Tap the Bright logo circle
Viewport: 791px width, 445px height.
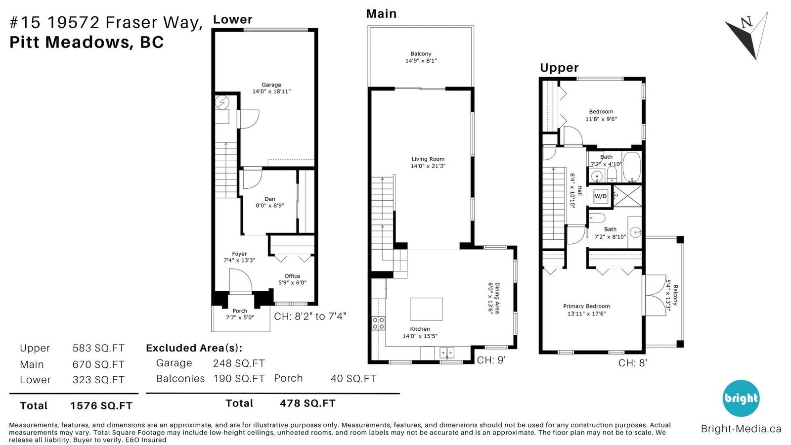point(741,398)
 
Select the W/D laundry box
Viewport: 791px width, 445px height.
point(600,196)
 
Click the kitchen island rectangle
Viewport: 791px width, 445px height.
point(426,309)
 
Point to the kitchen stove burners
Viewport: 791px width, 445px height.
point(378,323)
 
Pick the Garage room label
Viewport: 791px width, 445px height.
point(271,85)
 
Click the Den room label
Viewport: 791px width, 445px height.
point(270,199)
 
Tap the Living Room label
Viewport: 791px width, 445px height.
point(428,159)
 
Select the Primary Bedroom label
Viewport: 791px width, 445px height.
point(586,306)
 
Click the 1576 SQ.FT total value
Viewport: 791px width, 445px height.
point(101,405)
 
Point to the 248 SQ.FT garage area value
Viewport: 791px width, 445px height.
point(239,363)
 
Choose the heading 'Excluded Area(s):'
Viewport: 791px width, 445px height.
point(194,348)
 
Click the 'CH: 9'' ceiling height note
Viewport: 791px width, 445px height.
point(491,360)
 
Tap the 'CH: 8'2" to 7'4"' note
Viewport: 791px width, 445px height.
point(310,316)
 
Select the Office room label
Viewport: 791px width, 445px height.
point(292,276)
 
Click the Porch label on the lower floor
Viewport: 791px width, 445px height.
point(240,311)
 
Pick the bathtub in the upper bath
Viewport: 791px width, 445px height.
point(632,167)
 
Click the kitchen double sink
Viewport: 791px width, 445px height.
point(447,353)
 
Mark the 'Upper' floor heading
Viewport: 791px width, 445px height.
point(559,67)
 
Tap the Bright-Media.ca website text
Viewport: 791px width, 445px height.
point(741,429)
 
